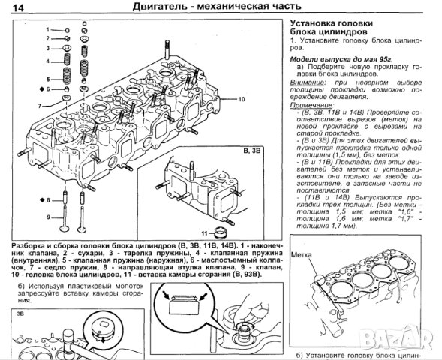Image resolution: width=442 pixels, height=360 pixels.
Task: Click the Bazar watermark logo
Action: [x=419, y=347]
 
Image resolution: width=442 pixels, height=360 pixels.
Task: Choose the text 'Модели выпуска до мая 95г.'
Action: [x=335, y=58]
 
